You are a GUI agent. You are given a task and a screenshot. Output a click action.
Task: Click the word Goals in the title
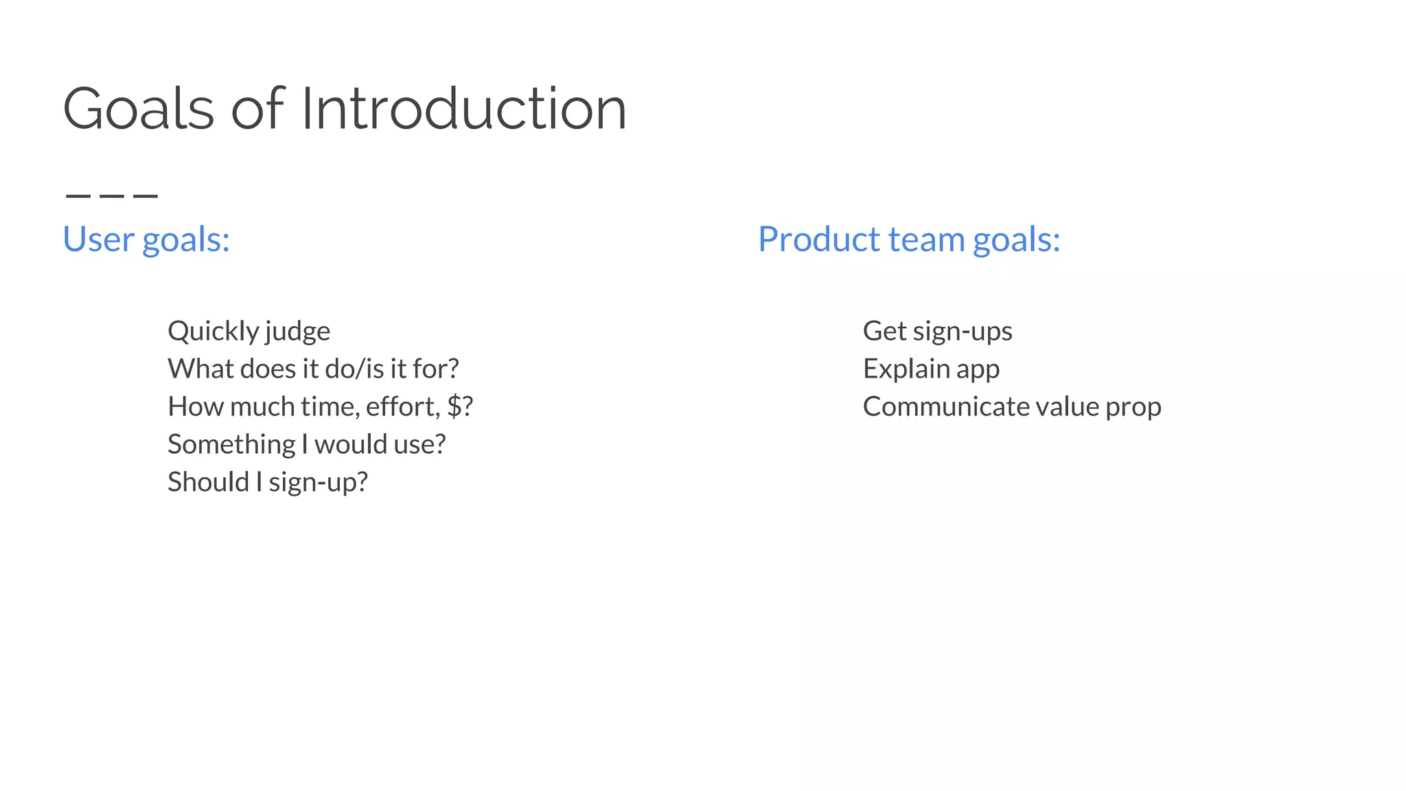pos(138,108)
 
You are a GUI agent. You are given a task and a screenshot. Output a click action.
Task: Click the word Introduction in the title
pos(463,108)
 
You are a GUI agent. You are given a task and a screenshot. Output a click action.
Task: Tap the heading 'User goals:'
pos(146,240)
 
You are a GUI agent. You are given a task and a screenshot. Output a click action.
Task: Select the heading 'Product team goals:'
pos(908,240)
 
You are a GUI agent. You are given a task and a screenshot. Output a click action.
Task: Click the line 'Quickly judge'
pos(249,332)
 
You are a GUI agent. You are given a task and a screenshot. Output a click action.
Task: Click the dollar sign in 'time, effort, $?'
pos(454,406)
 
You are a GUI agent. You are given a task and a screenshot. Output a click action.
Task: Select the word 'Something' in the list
pos(231,444)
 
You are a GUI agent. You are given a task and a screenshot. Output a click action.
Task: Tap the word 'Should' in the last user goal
pos(208,482)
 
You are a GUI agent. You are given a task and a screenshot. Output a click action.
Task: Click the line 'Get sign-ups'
pos(937,332)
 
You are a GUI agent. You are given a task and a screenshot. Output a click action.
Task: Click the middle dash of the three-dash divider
pos(112,196)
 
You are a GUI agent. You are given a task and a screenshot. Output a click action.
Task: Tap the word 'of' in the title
pos(257,108)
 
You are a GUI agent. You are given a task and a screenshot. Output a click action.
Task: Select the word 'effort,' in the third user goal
pos(403,406)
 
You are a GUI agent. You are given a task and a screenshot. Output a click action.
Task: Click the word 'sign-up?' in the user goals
pos(319,483)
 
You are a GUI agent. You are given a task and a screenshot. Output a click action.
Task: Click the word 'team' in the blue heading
pos(927,240)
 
